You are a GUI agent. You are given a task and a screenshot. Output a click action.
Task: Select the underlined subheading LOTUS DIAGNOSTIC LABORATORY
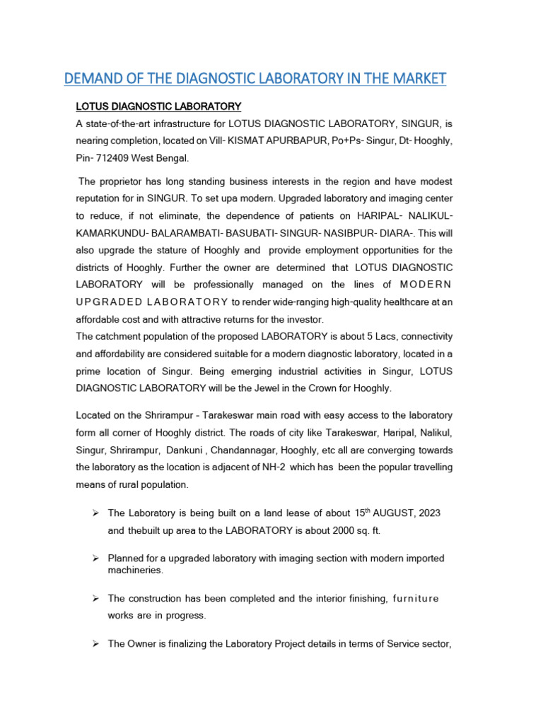[158, 107]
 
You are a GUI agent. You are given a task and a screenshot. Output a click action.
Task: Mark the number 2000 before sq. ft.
[322, 530]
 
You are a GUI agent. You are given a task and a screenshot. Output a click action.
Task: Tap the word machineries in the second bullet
[135, 570]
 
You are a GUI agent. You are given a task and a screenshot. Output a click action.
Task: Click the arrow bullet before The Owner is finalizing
[95, 644]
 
